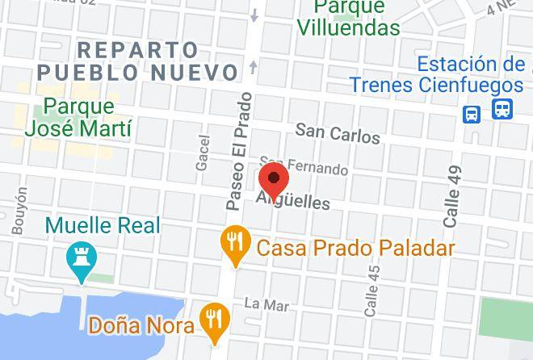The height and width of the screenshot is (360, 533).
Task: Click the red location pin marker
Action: click(x=275, y=180)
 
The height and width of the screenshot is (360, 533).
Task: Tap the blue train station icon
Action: click(x=472, y=114)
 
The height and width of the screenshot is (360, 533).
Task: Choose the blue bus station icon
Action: click(x=502, y=108)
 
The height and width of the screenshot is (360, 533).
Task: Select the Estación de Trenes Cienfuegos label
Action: click(x=437, y=74)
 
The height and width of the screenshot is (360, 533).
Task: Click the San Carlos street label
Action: click(x=337, y=133)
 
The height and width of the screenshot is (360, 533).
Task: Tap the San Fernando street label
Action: click(x=304, y=165)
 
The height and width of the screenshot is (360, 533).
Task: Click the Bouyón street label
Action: click(x=19, y=211)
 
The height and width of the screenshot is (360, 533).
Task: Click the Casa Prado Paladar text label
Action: click(x=355, y=248)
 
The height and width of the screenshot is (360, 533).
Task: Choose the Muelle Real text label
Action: click(x=103, y=226)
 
